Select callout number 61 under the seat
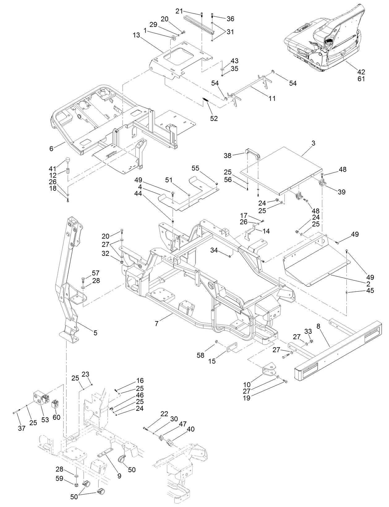(361, 79)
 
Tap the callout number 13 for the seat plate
(137, 35)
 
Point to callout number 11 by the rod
(272, 98)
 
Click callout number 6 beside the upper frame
(51, 148)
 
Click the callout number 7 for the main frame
(157, 324)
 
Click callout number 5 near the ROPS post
(95, 333)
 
